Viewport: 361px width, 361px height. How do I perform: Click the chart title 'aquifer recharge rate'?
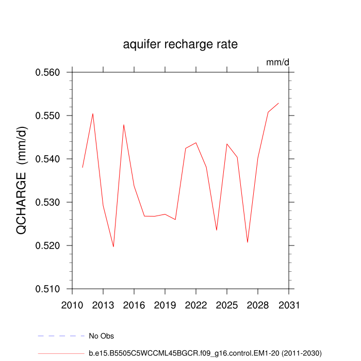(x=180, y=44)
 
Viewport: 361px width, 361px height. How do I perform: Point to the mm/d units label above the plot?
(x=277, y=62)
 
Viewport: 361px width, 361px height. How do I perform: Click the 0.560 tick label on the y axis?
(x=47, y=72)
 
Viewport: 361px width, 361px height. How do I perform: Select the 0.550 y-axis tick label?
(x=47, y=116)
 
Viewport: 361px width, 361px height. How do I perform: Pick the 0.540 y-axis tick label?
(x=47, y=159)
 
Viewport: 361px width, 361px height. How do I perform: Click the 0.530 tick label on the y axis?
(x=47, y=202)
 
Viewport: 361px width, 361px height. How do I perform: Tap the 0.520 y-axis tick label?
(x=47, y=245)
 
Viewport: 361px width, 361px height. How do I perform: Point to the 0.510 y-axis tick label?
(x=47, y=289)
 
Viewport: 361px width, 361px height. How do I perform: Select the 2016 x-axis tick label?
(x=134, y=305)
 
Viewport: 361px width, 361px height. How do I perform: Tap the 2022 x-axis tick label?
(x=196, y=305)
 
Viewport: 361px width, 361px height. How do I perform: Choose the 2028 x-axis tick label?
(x=258, y=305)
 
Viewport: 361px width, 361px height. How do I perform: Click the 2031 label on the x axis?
(x=289, y=305)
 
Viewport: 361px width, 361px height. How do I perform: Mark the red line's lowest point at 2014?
(x=113, y=247)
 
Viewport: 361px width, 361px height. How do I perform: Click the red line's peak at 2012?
(x=93, y=113)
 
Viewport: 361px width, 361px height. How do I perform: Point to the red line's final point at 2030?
(x=278, y=103)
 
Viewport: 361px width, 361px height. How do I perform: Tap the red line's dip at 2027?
(x=248, y=242)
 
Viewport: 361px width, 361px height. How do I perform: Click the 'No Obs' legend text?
(x=102, y=336)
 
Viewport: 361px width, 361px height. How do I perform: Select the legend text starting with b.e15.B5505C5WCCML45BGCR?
(x=205, y=353)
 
